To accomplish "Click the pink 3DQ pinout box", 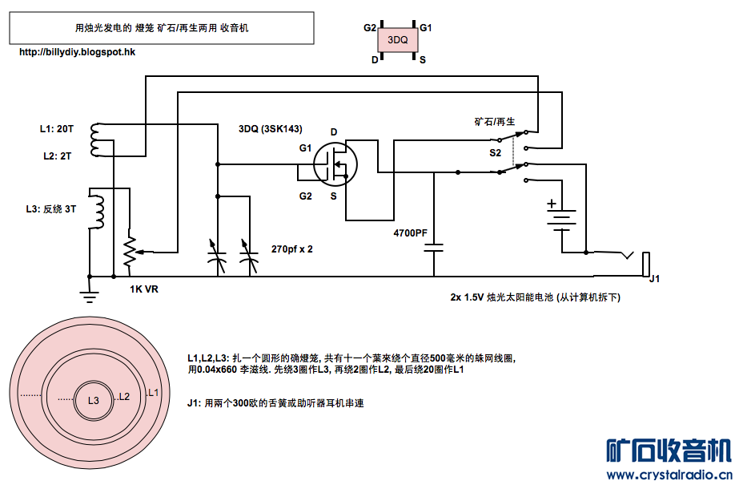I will pos(398,40).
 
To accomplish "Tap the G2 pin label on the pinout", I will pos(369,27).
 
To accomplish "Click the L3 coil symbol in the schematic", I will pos(98,211).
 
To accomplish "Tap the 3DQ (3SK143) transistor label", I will pos(270,128).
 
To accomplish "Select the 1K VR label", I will pos(144,289).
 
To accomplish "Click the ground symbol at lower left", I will pos(90,295).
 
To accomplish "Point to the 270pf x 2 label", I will pos(292,249).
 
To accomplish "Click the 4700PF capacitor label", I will pos(411,232).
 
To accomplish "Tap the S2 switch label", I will pos(496,152).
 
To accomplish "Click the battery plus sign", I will pos(552,204).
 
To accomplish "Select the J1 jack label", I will pos(654,279).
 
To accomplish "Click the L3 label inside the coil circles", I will pos(93,399).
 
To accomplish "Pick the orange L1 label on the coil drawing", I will pos(155,393).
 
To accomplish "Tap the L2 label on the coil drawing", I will pos(123,397).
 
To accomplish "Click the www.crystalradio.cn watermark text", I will pos(669,475).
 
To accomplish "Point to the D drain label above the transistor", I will pos(334,131).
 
